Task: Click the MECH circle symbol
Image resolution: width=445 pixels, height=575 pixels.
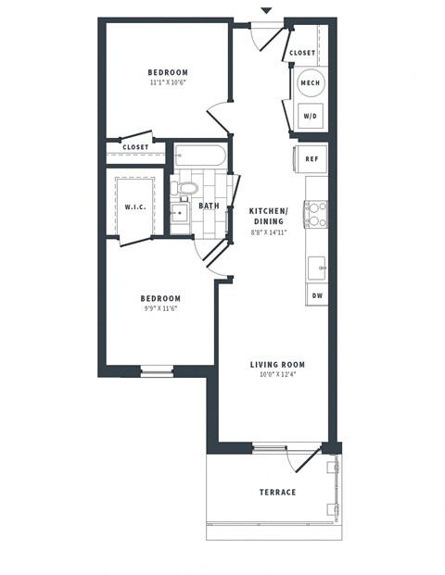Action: point(311,83)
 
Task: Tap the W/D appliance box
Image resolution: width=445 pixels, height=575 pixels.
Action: point(311,116)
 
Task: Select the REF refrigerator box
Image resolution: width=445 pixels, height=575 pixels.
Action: point(312,158)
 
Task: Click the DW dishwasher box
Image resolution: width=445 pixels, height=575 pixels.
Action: point(316,295)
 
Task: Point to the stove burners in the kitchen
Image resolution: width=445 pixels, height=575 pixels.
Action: point(315,214)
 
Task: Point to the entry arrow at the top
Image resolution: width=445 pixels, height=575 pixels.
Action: point(266,10)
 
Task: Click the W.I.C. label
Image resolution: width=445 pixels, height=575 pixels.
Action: point(134,206)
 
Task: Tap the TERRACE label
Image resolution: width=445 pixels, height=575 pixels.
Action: point(277,492)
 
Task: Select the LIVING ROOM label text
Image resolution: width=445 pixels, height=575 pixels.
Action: point(277,365)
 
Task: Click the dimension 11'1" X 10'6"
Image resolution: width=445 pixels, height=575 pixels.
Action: point(168,82)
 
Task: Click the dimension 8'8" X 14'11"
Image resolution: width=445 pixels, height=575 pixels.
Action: point(268,231)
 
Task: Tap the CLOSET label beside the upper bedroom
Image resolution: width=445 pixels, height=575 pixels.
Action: point(135,147)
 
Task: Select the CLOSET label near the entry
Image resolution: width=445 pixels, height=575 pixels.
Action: point(302,53)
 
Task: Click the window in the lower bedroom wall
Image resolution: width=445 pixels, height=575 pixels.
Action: point(157,371)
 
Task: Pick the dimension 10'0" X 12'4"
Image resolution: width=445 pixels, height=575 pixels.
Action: point(277,375)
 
